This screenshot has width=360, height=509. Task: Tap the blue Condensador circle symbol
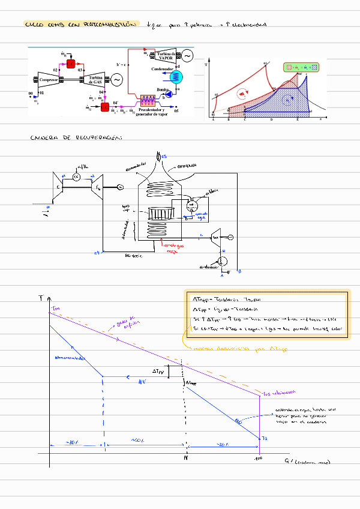click(x=179, y=76)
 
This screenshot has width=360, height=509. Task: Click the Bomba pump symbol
click(x=169, y=94)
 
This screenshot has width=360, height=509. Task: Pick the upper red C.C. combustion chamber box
click(x=71, y=64)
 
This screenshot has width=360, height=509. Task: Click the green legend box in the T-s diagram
click(x=302, y=68)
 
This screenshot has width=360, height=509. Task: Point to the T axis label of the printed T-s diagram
click(x=207, y=63)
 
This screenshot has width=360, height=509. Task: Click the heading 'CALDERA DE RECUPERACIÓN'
click(x=75, y=139)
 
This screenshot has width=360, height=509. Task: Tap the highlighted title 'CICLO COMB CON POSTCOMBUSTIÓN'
click(x=81, y=25)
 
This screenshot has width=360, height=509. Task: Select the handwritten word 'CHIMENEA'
click(x=187, y=166)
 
